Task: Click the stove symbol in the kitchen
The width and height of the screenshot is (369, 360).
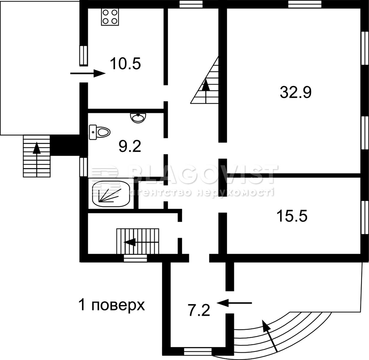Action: point(110,17)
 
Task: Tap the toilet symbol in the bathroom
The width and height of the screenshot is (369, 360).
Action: point(100,132)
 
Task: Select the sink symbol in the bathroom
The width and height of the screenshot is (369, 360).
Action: point(138,118)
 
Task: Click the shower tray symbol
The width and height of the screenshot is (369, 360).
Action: point(111,194)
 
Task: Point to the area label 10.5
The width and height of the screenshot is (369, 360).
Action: point(125,64)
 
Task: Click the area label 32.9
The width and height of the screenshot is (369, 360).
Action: point(296,92)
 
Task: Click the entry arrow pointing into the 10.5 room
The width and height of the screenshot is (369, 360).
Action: point(88,73)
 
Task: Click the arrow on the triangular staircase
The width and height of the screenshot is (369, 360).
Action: point(206,91)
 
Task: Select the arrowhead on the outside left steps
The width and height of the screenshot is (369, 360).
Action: point(37,148)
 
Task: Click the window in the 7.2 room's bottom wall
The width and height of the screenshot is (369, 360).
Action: point(198,351)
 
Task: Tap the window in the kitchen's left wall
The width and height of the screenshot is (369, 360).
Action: point(83,56)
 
